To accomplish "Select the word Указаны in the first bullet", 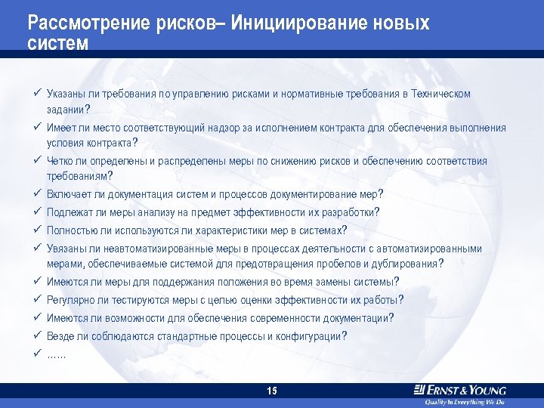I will pyautogui.click(x=64, y=94).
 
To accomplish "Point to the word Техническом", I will pyautogui.click(x=442, y=94).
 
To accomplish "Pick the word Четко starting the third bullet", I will pyautogui.click(x=60, y=162).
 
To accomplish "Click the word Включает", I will pyautogui.click(x=66, y=194).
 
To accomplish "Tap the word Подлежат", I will pyautogui.click(x=68, y=212).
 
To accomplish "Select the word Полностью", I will pyautogui.click(x=70, y=230).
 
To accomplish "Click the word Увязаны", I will pyautogui.click(x=66, y=249).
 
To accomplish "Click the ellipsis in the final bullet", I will pyautogui.click(x=57, y=354).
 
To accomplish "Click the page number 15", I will pyautogui.click(x=272, y=391).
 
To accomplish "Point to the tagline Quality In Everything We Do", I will pyautogui.click(x=464, y=402).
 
